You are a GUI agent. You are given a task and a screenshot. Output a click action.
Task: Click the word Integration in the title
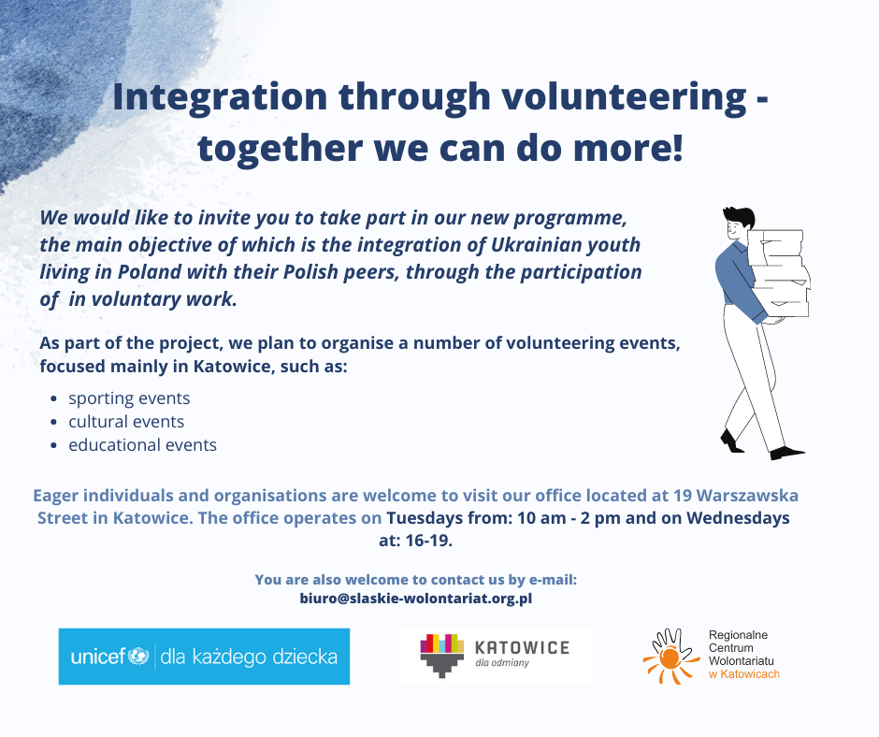tap(220, 97)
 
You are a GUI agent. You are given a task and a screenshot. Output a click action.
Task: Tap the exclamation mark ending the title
tap(677, 147)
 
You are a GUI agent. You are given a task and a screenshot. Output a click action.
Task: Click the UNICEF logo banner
tap(204, 657)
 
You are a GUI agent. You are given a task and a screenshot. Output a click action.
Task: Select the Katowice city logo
tap(496, 655)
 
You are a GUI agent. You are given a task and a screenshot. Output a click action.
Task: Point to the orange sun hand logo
tap(670, 656)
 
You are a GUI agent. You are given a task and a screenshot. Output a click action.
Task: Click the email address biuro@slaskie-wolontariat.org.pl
tap(416, 599)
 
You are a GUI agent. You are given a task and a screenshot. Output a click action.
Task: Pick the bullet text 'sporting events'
tap(129, 398)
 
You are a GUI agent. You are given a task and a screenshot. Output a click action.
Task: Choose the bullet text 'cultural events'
tap(126, 421)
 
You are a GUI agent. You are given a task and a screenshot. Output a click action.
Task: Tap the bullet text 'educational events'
tap(142, 445)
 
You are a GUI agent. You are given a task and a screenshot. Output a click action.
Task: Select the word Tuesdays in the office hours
tap(421, 518)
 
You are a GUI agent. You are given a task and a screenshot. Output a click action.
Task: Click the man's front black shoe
tap(786, 453)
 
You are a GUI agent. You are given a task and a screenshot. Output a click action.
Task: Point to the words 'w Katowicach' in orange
tap(744, 674)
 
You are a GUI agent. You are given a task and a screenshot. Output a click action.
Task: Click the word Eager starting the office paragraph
tap(55, 496)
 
